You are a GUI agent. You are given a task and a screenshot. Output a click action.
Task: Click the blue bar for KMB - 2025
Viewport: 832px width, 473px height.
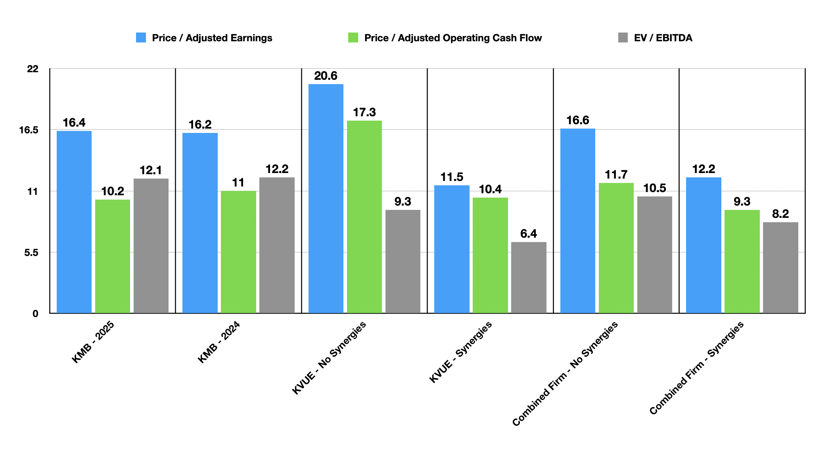(74, 222)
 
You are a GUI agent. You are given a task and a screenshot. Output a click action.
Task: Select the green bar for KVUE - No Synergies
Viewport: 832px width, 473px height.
(364, 217)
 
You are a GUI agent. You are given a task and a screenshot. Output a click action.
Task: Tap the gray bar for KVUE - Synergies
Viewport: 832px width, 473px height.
(529, 277)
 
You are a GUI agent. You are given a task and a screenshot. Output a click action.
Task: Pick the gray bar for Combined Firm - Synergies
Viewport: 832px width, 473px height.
(780, 267)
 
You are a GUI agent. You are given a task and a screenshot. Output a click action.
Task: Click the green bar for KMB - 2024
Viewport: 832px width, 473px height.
(238, 252)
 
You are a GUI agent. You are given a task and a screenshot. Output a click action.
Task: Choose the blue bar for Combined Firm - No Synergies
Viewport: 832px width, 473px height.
(577, 221)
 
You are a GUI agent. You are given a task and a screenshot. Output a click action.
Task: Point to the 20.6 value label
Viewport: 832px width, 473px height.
(326, 76)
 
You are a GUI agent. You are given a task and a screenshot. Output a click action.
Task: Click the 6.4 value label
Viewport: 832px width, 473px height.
(529, 234)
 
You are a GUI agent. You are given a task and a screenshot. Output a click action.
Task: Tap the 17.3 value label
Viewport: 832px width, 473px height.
(364, 112)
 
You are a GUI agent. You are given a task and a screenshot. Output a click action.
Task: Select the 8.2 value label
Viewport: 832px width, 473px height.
(780, 214)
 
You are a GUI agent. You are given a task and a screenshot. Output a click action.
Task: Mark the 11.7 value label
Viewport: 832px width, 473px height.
(616, 175)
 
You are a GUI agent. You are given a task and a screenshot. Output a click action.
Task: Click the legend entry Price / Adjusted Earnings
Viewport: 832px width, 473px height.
(212, 38)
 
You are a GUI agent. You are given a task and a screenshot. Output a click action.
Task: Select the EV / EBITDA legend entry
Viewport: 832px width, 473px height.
(663, 38)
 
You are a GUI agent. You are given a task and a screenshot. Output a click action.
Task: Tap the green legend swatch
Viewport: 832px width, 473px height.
(353, 38)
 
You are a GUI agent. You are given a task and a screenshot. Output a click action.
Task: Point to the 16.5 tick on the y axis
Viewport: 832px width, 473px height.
(29, 130)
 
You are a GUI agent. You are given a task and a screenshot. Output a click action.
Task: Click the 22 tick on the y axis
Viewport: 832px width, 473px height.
(33, 69)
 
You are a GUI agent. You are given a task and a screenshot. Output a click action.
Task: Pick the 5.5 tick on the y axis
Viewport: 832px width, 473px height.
(31, 253)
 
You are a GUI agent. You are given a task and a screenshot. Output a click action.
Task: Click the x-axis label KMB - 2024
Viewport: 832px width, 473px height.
(219, 342)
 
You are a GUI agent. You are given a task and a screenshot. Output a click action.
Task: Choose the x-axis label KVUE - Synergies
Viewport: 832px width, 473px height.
(461, 352)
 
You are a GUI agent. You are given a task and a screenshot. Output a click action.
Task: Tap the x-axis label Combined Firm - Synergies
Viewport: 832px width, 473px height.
(697, 368)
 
